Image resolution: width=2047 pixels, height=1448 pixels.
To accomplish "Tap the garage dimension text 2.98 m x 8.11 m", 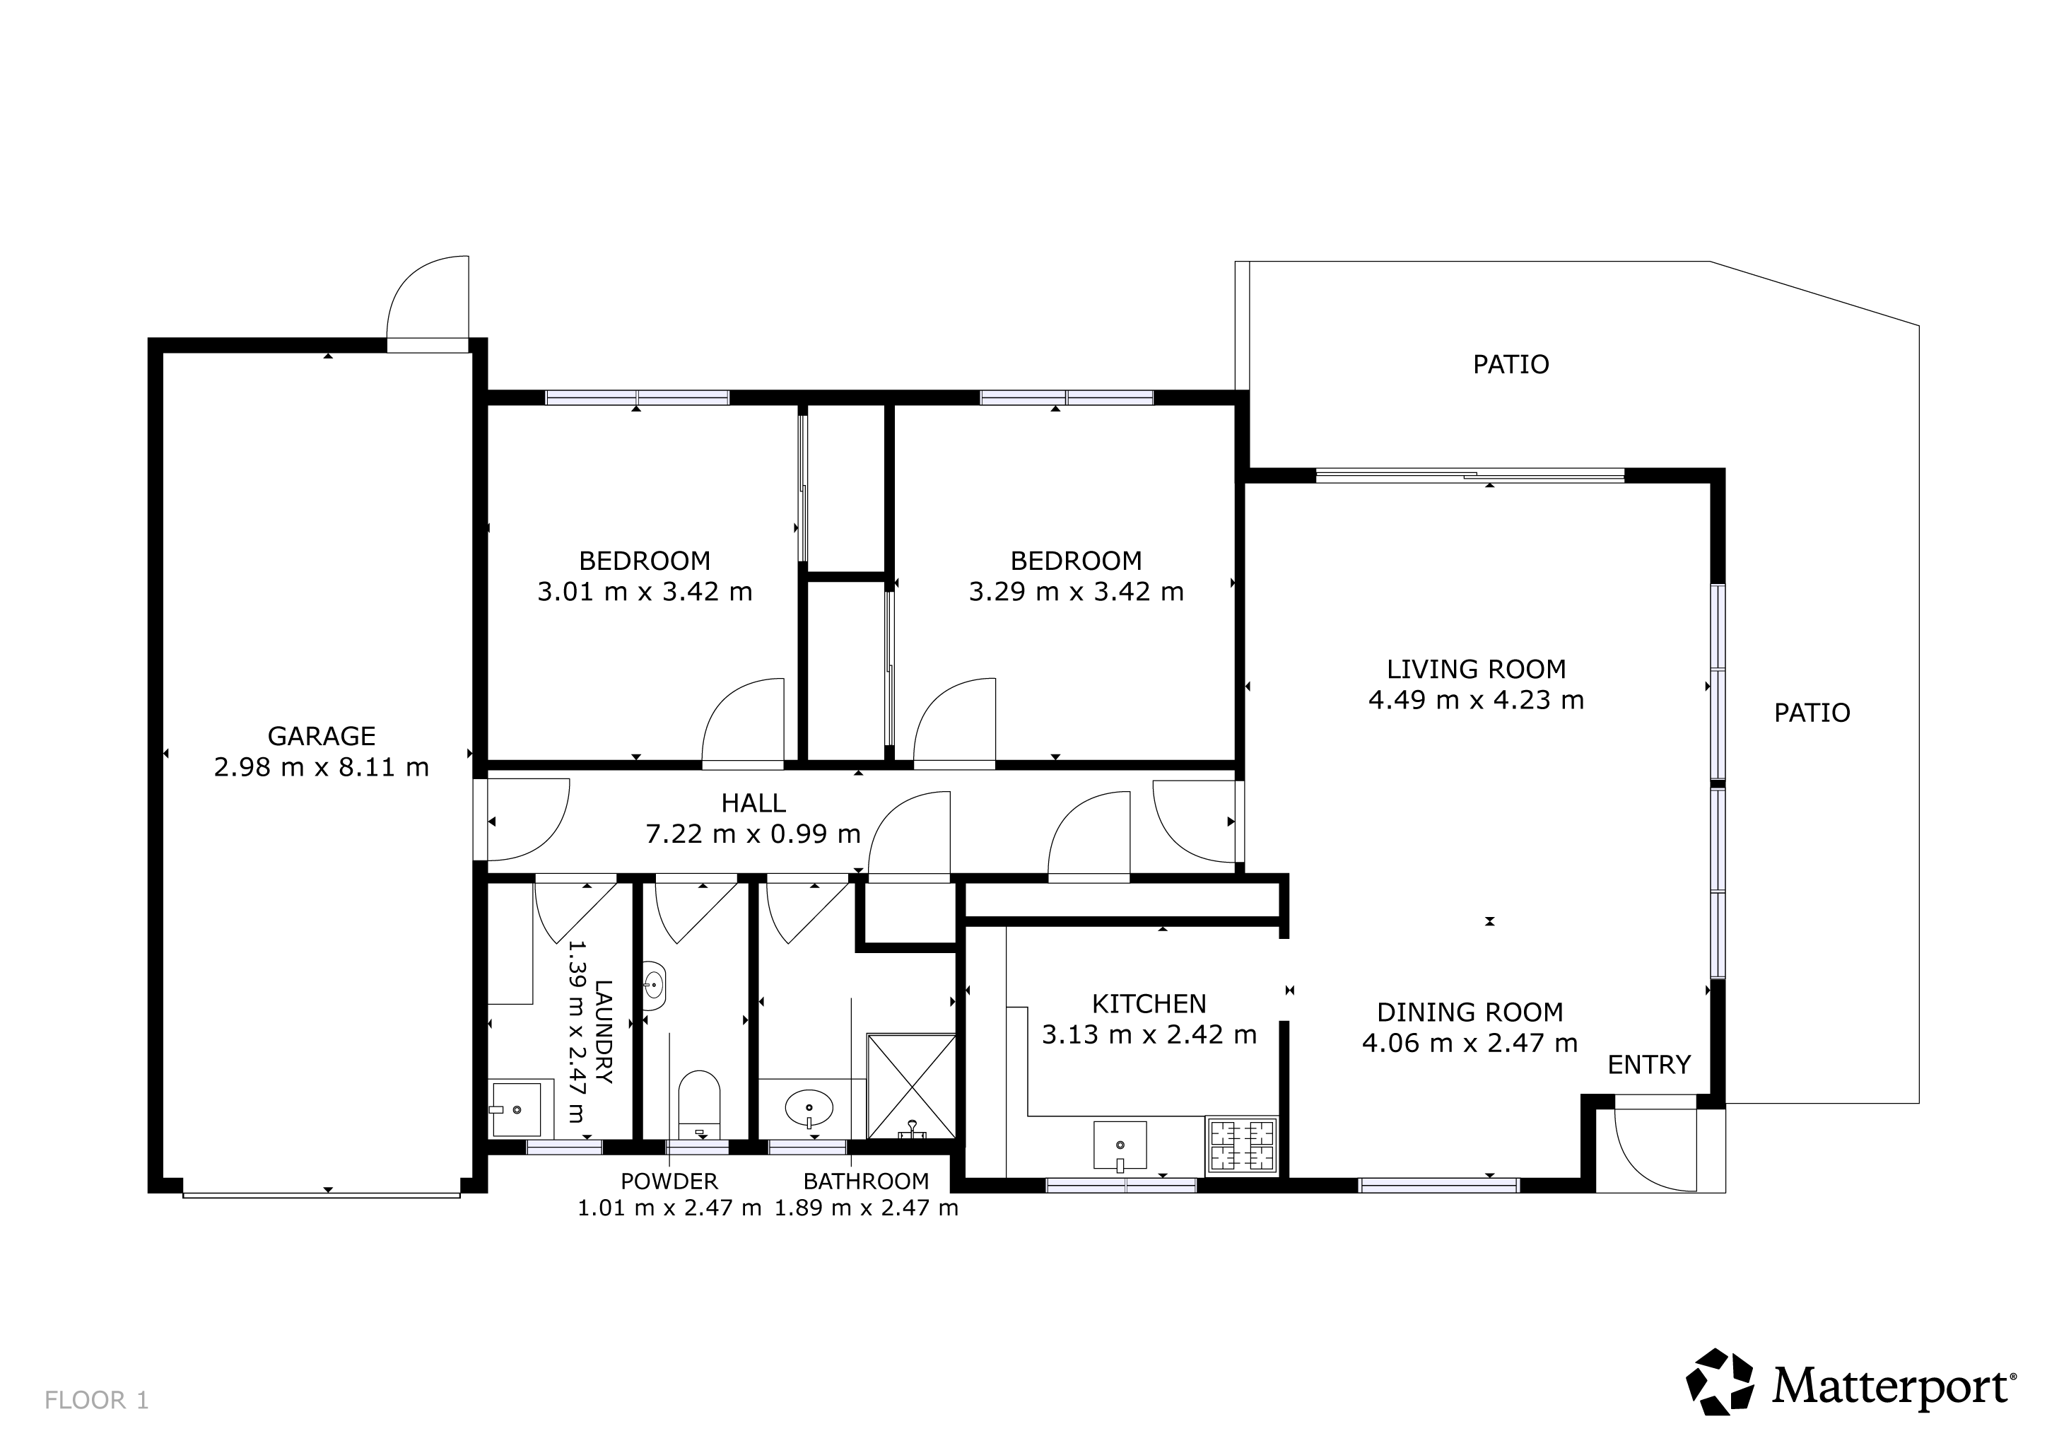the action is pos(321,767).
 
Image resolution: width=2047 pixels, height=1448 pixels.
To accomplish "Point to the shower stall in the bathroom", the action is pos(911,1086).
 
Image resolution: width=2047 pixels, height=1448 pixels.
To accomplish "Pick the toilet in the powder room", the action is pos(699,1104).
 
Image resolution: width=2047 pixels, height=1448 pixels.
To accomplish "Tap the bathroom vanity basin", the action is pos(809,1109).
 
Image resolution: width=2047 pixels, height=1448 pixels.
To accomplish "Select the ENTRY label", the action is pos(1648,1065).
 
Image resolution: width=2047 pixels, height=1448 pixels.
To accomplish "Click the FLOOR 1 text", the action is pos(96,1401).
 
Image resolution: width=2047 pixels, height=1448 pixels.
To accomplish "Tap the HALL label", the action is pos(753,803).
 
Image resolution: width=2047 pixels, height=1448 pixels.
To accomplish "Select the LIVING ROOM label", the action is pos(1477,669).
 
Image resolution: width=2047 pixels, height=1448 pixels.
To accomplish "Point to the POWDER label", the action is pos(669,1181).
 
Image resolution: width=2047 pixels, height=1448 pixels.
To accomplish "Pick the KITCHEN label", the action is pos(1149,1004).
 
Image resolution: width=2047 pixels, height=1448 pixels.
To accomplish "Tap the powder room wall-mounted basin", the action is pos(654,986).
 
